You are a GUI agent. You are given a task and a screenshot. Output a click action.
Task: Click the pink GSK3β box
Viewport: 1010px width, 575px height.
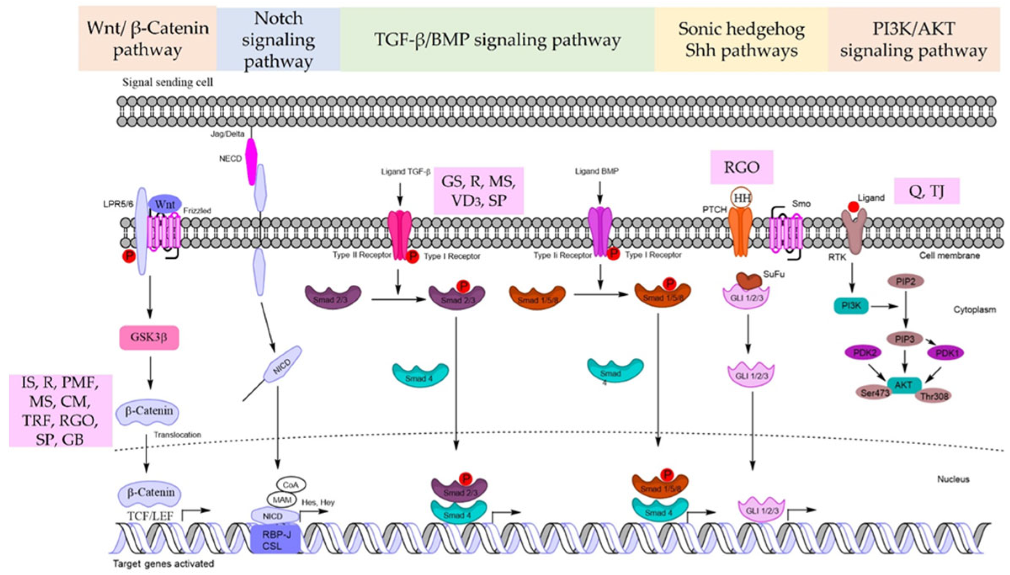click(x=149, y=337)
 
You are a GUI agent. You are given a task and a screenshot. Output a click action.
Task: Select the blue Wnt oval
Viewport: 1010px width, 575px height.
click(x=165, y=205)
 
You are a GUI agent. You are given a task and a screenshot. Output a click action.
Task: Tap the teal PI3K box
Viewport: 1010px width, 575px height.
click(x=851, y=306)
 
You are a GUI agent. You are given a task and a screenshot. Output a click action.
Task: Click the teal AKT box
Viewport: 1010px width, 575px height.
click(x=904, y=385)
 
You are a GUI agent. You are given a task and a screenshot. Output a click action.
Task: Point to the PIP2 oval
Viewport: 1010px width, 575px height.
click(x=905, y=281)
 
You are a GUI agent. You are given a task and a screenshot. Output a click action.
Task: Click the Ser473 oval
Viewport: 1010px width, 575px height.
click(x=874, y=393)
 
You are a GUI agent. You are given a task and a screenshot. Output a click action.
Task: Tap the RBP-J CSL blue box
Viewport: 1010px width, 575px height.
click(x=276, y=540)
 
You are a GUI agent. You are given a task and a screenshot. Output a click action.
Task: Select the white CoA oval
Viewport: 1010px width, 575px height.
click(x=291, y=485)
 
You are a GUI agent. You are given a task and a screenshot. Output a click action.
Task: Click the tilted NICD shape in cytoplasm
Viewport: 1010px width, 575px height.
click(x=282, y=364)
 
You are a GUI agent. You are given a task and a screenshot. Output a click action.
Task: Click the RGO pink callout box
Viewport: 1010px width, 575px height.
click(x=742, y=167)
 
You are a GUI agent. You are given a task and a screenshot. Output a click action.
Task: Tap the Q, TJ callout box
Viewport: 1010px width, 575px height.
click(x=927, y=191)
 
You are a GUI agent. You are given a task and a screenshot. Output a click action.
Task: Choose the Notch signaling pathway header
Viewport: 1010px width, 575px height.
click(x=278, y=40)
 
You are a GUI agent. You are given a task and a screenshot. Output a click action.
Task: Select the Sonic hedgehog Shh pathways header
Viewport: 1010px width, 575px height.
click(x=741, y=40)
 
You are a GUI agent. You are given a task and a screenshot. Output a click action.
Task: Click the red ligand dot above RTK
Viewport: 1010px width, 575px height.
click(x=853, y=207)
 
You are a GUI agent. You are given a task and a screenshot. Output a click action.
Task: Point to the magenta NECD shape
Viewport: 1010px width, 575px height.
click(x=251, y=162)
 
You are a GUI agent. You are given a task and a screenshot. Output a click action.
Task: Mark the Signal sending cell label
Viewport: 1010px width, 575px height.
click(x=167, y=82)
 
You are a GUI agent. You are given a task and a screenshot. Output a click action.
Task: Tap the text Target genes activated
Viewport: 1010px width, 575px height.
click(x=163, y=564)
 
